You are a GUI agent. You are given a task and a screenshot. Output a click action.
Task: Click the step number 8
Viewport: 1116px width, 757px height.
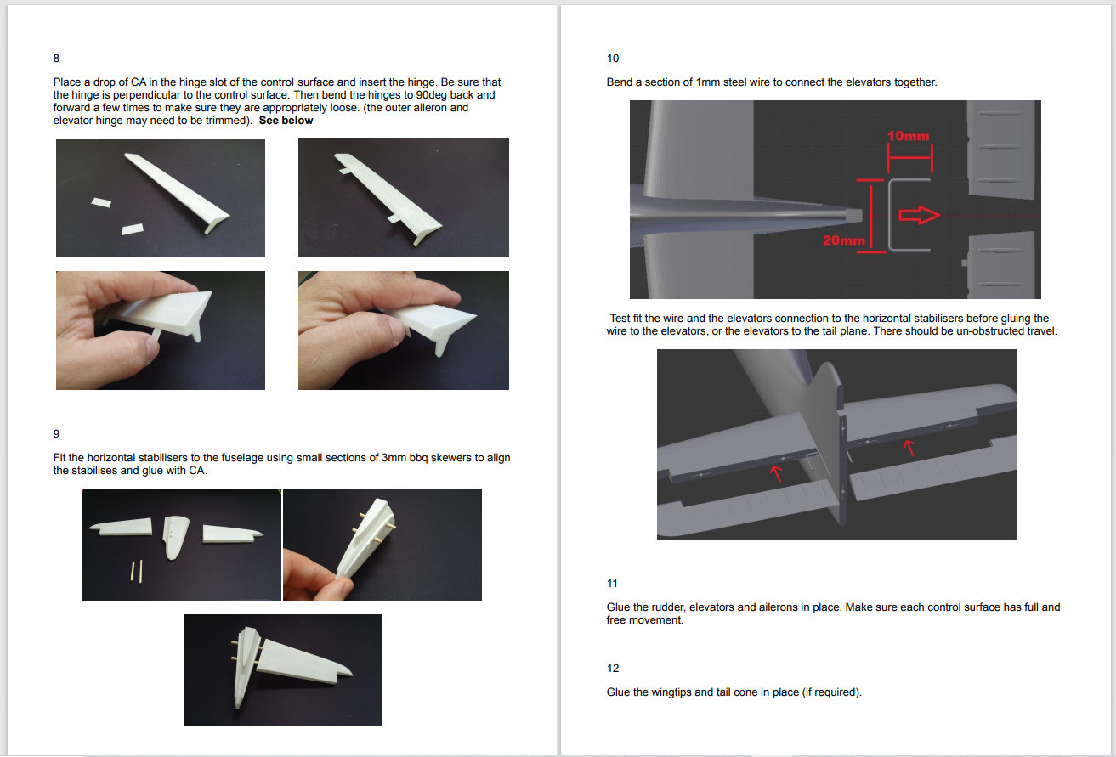(x=56, y=59)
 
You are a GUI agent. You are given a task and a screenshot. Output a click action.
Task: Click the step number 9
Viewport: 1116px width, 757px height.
(x=56, y=434)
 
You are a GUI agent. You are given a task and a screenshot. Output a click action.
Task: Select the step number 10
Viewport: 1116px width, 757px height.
(x=613, y=59)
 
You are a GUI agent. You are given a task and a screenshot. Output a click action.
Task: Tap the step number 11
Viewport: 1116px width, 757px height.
(x=612, y=583)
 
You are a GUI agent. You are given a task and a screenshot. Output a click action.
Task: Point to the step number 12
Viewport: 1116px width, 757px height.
(x=613, y=669)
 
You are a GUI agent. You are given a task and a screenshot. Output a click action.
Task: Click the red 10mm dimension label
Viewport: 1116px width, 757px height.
(x=909, y=136)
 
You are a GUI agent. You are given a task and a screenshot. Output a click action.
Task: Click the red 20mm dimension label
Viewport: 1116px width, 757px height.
(x=844, y=240)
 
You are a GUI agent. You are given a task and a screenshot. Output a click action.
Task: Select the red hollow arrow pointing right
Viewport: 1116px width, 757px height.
(x=919, y=215)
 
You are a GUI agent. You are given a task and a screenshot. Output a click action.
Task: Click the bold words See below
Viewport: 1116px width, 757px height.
(x=286, y=121)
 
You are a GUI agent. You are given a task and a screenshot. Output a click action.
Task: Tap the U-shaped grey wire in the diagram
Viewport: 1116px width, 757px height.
(x=890, y=215)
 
